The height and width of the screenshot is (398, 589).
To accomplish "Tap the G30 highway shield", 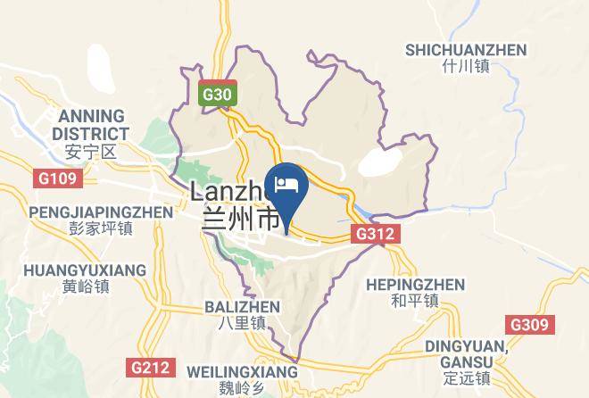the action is [217, 94].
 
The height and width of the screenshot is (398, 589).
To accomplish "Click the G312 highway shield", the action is [375, 234].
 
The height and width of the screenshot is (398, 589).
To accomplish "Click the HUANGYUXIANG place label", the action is [85, 269].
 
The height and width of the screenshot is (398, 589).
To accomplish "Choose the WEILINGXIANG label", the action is [241, 370].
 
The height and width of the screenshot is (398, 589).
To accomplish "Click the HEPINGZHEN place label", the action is [415, 285].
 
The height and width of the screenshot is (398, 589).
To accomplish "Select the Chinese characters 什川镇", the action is [465, 67].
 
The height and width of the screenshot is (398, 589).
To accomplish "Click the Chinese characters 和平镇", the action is [415, 302].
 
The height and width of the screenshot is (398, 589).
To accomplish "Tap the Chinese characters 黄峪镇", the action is [85, 286].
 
